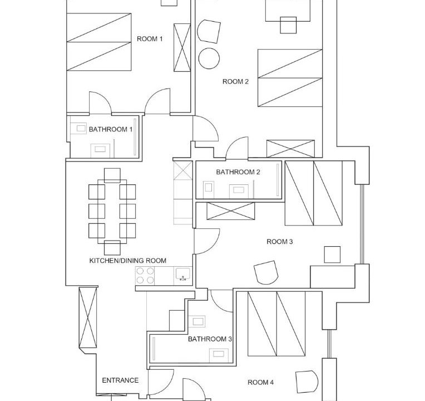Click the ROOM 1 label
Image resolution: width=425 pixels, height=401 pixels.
point(150,39)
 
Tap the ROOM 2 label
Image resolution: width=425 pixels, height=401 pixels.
point(235,81)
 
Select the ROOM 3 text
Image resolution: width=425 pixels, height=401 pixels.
point(280,242)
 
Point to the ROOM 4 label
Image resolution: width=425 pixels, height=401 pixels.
point(260,382)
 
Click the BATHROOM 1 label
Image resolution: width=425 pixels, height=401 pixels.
point(111,129)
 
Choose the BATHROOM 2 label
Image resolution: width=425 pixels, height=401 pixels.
point(238,172)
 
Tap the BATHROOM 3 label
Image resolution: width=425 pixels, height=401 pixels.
point(210,339)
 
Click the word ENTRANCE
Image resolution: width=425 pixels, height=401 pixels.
point(120,380)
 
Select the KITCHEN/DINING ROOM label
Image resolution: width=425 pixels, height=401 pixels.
point(127,261)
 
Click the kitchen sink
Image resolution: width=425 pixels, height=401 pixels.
point(183,275)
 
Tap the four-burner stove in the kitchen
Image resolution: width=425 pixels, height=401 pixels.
point(145,275)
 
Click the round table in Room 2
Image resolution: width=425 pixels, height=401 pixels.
point(209,58)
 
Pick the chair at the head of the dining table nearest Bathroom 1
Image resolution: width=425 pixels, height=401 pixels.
point(112,175)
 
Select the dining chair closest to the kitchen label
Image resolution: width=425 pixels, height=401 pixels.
point(112,247)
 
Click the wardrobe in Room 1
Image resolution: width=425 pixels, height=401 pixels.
point(182,47)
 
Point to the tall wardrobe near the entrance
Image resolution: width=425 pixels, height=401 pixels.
point(87,317)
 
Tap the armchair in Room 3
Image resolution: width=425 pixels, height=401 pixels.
point(266,272)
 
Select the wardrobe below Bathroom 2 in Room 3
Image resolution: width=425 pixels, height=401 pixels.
point(231,211)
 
